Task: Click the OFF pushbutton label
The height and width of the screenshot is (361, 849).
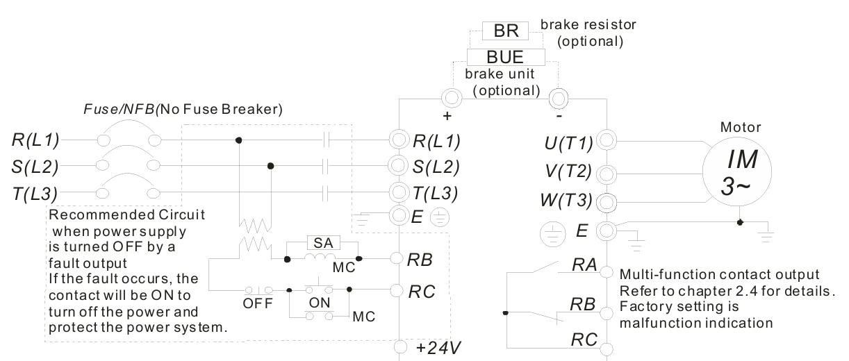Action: pyautogui.click(x=258, y=303)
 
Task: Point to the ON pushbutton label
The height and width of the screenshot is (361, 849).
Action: pyautogui.click(x=320, y=303)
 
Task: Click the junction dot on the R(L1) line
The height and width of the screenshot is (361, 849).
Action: pyautogui.click(x=238, y=140)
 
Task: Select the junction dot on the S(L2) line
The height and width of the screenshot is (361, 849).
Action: pyautogui.click(x=271, y=165)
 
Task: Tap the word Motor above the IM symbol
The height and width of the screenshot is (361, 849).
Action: pyautogui.click(x=740, y=127)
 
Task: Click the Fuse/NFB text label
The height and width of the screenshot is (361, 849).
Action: pyautogui.click(x=119, y=110)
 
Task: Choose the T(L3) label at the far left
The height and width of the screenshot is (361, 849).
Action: pyautogui.click(x=35, y=194)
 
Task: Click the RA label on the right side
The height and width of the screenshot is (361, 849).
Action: pyautogui.click(x=584, y=265)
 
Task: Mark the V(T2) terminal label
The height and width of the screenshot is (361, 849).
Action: pyautogui.click(x=568, y=171)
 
